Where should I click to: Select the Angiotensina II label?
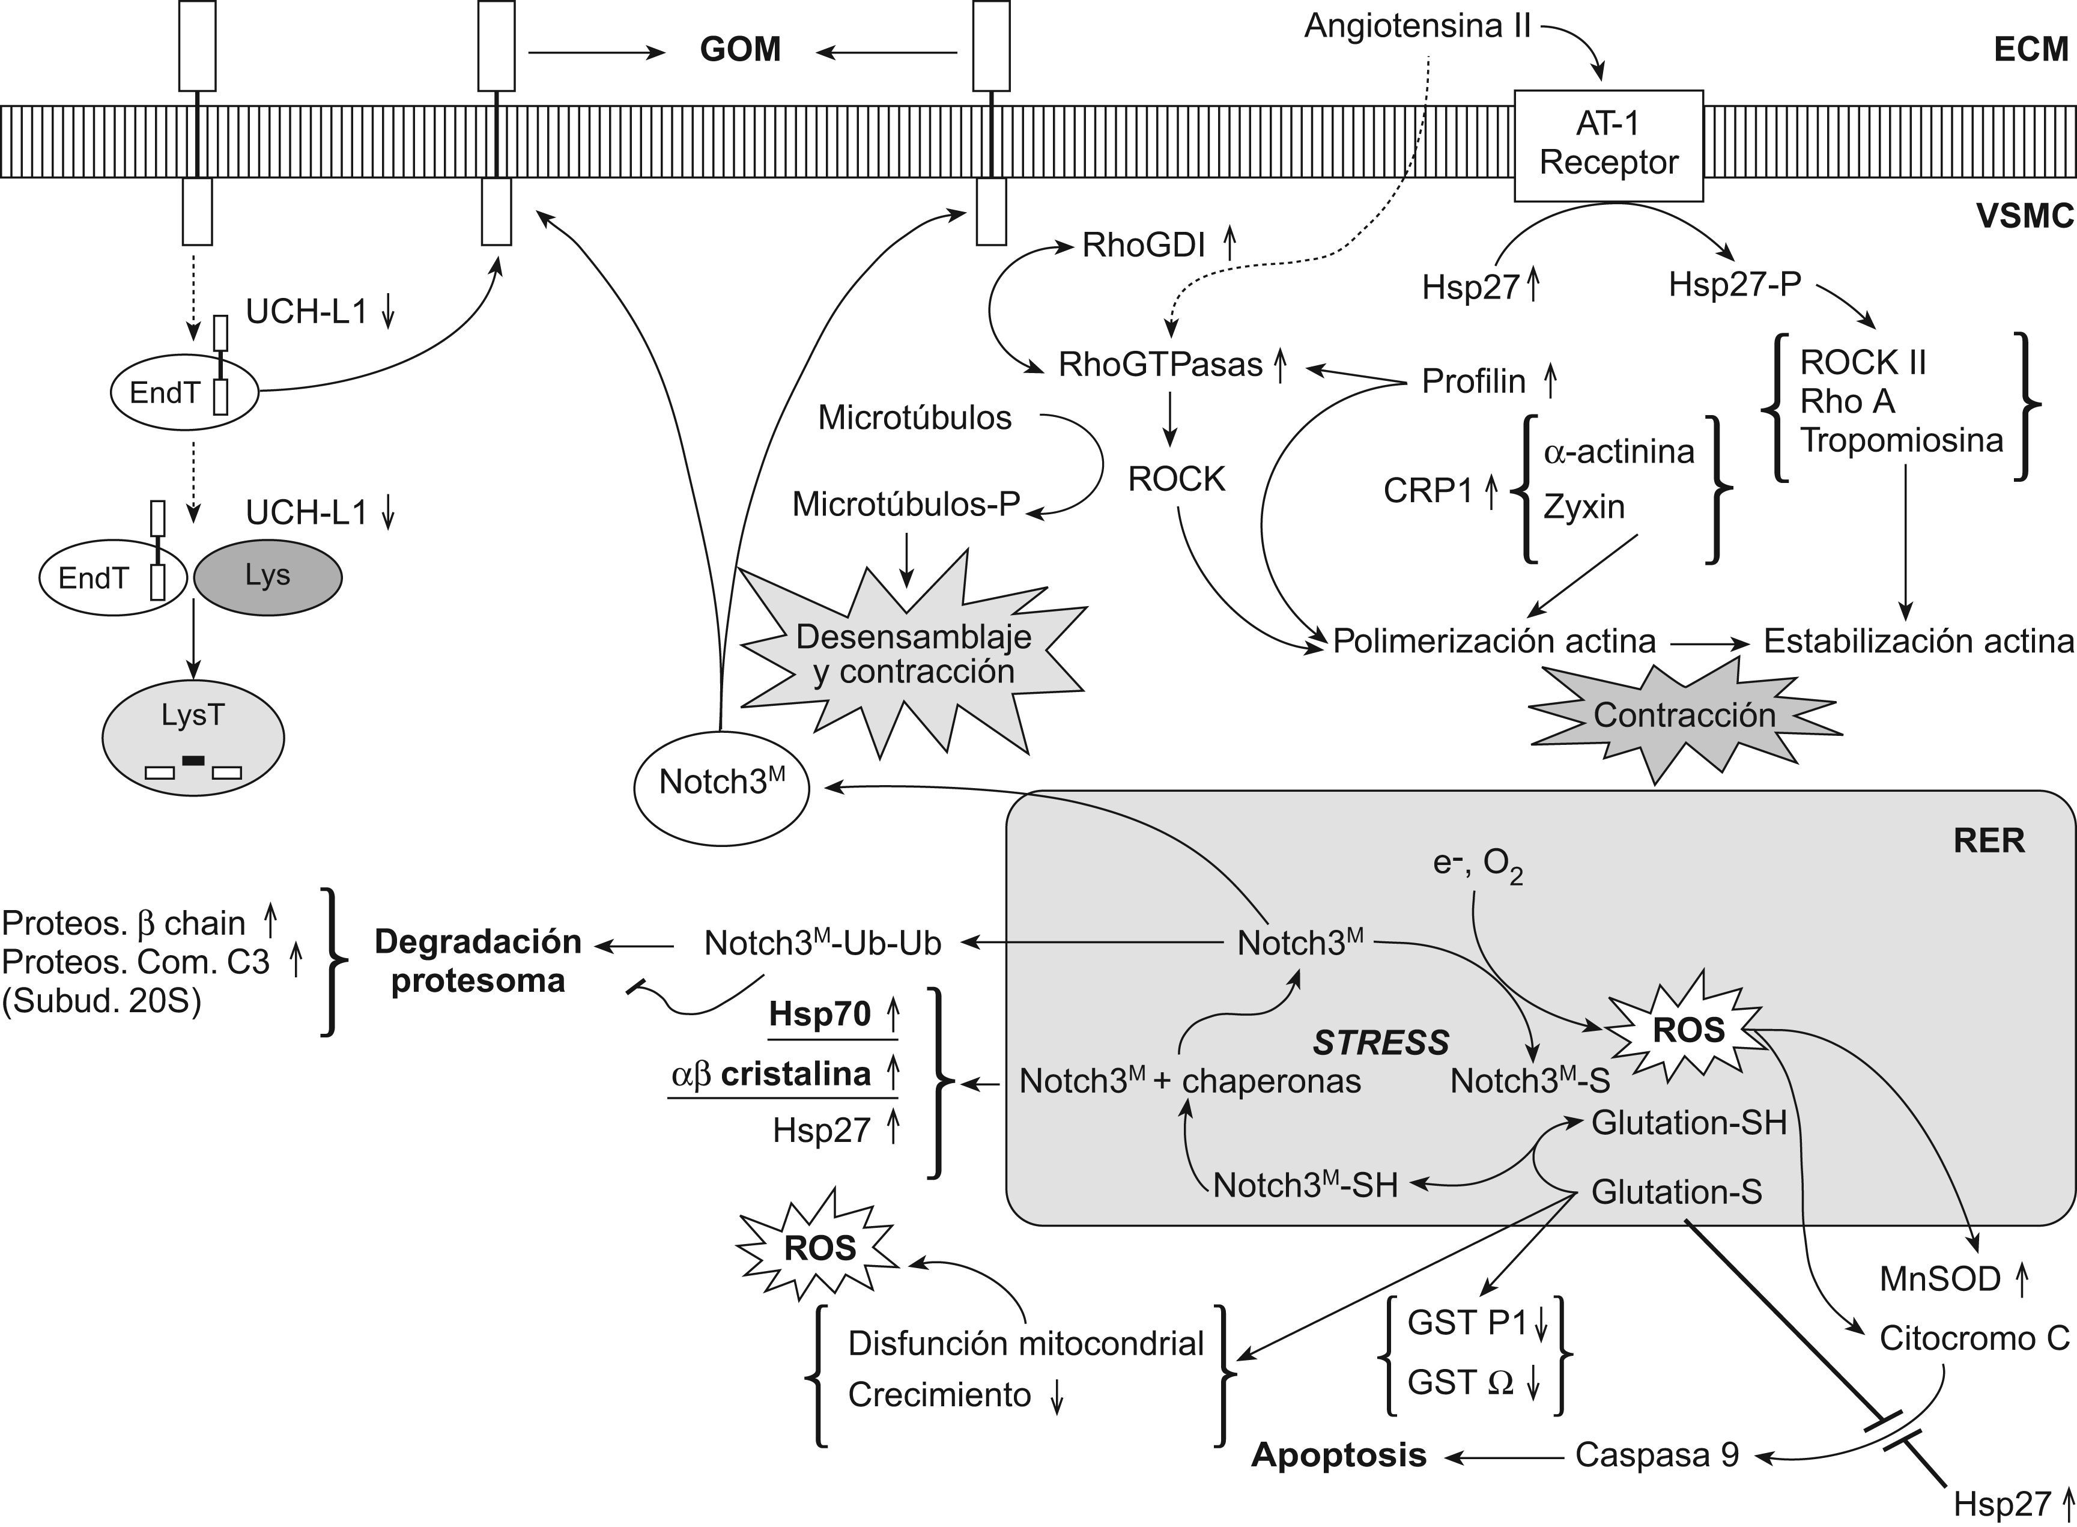coord(1417,26)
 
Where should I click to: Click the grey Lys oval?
coord(267,577)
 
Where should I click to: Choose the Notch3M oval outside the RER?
coord(721,784)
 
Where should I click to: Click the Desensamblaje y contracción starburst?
coord(913,654)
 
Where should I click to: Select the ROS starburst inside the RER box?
coord(1688,1031)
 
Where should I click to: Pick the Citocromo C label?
coord(1974,1338)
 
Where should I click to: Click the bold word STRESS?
coord(1381,1043)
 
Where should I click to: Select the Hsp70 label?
coord(820,1014)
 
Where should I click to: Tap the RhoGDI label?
coord(1144,245)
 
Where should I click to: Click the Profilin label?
coord(1473,381)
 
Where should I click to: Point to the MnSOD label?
coord(1940,1280)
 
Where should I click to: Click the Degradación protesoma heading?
coord(478,961)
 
